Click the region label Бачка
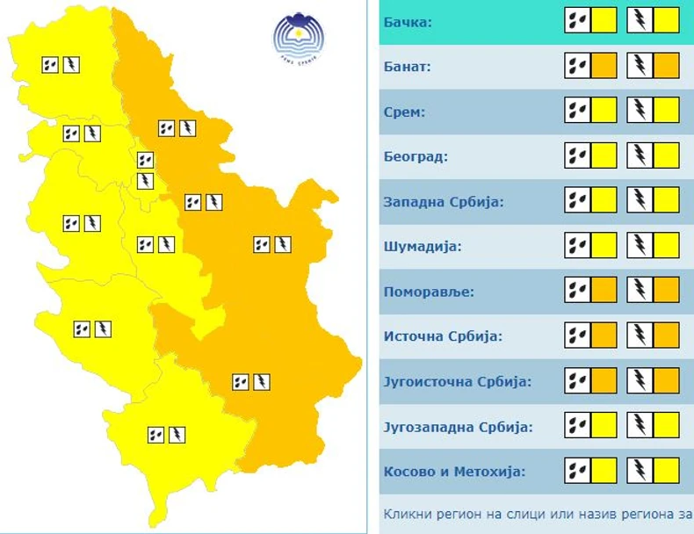(408, 21)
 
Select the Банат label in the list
(408, 66)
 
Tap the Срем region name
(404, 112)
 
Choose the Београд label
(416, 157)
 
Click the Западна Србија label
(444, 202)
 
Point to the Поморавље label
(428, 292)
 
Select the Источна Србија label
(442, 336)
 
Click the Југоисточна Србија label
(458, 382)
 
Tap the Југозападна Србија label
(459, 427)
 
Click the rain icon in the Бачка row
(577, 20)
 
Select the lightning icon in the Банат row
(640, 65)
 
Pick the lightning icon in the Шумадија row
(640, 245)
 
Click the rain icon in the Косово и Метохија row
(577, 471)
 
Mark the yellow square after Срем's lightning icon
(666, 110)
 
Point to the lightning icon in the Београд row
(640, 155)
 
